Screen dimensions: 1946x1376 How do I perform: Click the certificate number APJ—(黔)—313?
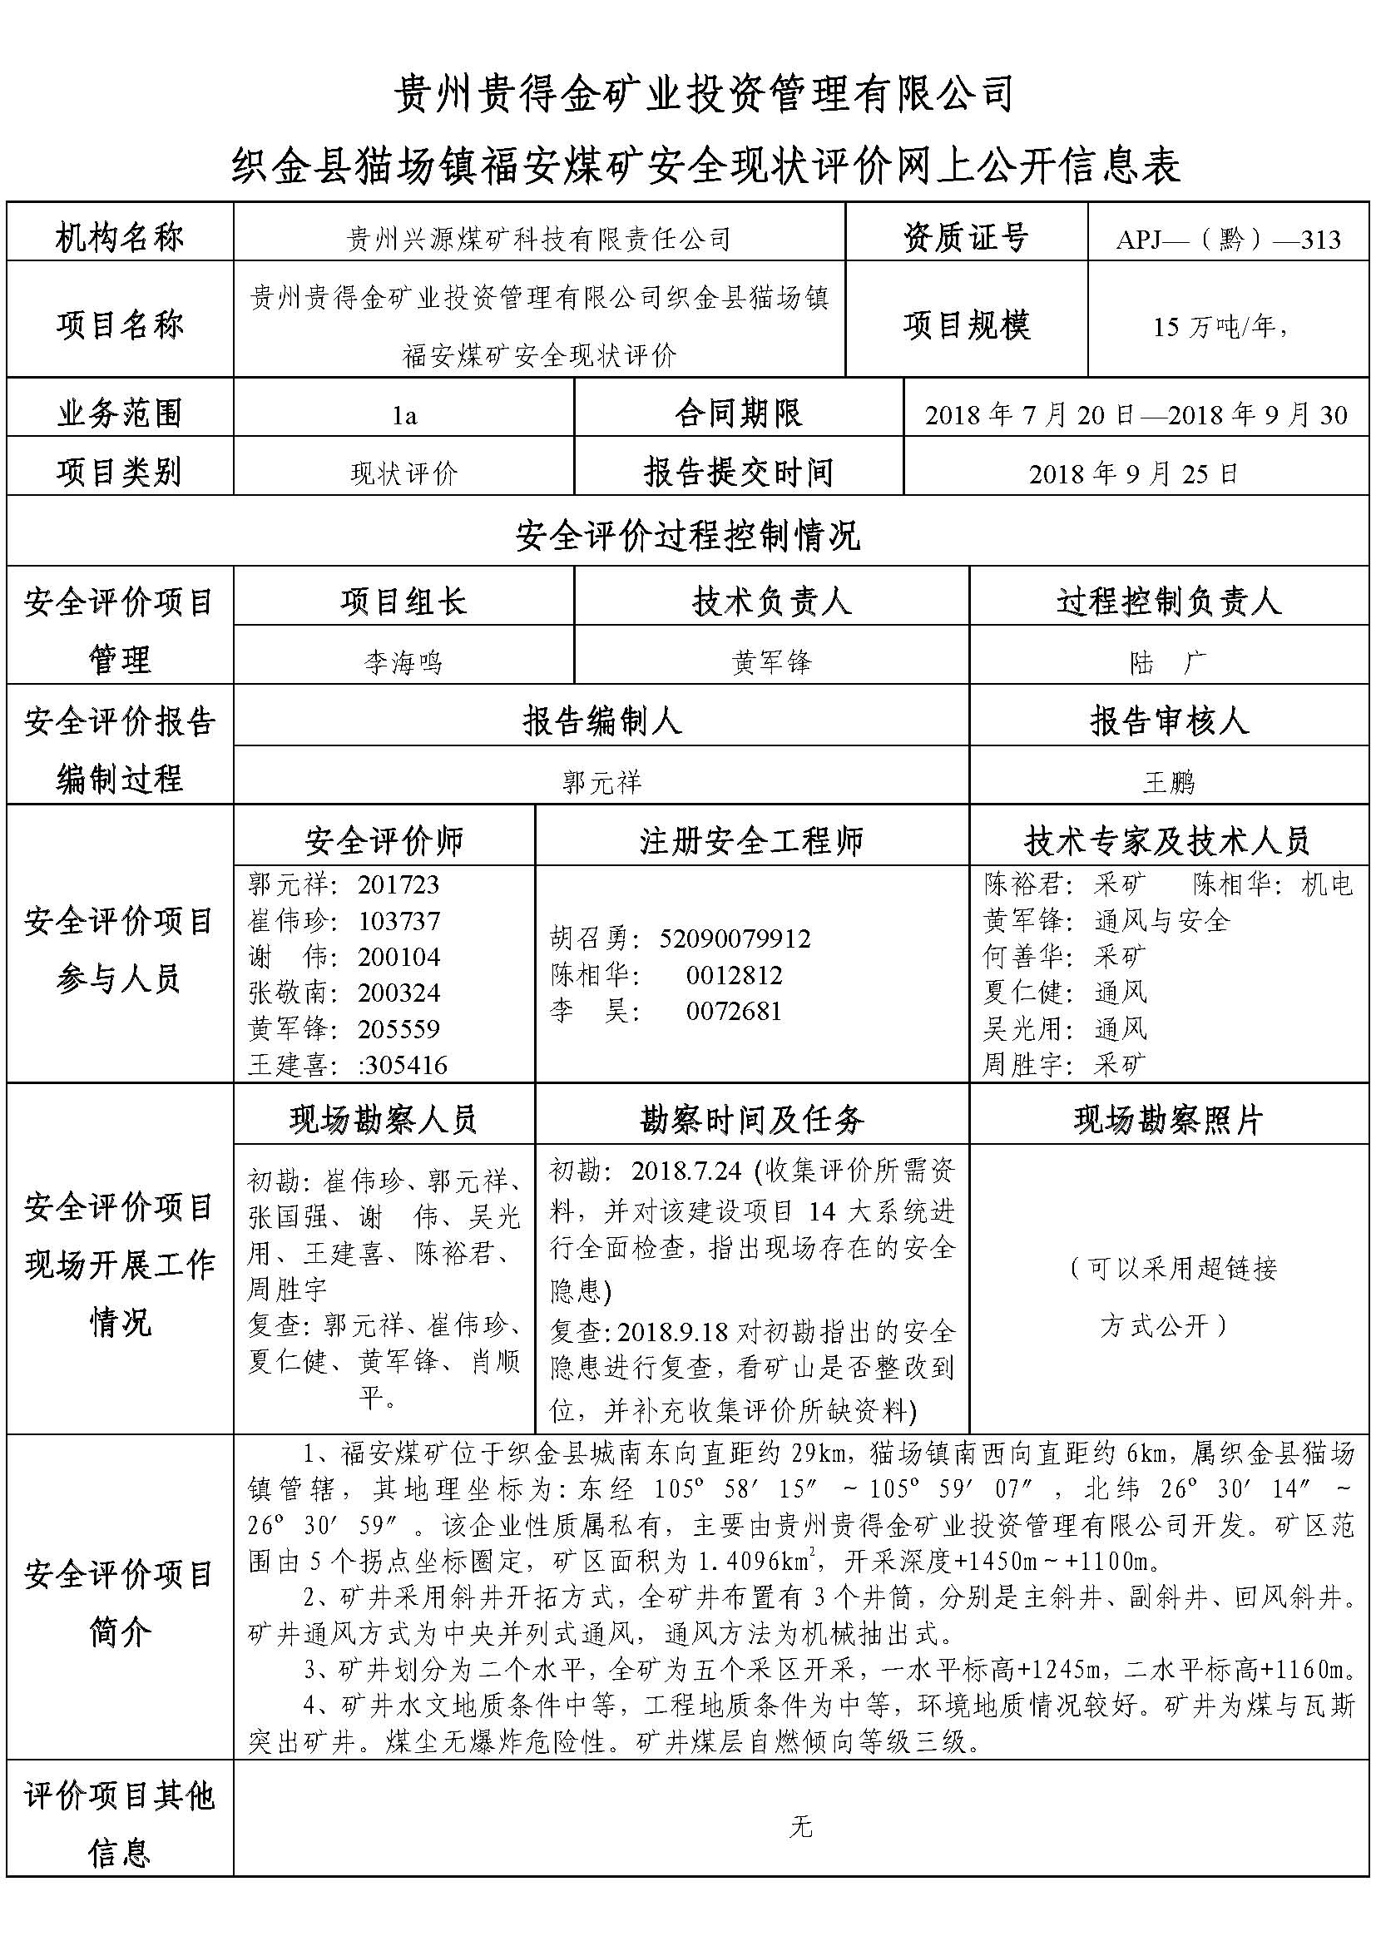[1228, 240]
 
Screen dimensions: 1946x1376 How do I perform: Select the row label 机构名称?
[120, 238]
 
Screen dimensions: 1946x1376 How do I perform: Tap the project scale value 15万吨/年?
[1220, 326]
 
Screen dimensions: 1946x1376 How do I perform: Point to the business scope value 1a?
[404, 415]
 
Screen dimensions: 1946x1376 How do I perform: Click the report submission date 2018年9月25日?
[1134, 473]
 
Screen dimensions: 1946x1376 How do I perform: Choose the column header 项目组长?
[403, 602]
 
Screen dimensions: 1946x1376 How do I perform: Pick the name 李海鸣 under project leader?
[403, 661]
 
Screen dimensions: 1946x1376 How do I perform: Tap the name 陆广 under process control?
[1167, 661]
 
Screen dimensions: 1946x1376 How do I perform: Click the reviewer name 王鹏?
[1167, 781]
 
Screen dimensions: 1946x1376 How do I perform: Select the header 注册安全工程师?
[750, 841]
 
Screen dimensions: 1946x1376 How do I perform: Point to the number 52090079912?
[735, 938]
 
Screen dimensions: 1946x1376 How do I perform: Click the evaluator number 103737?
[398, 921]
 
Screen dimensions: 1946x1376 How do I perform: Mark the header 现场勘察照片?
[1167, 1121]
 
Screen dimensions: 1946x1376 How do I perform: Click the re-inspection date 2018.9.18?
[673, 1331]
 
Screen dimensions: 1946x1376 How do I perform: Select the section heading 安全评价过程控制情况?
[687, 536]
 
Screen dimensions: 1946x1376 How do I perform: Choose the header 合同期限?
[738, 413]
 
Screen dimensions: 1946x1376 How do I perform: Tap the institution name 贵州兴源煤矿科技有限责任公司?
[539, 240]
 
